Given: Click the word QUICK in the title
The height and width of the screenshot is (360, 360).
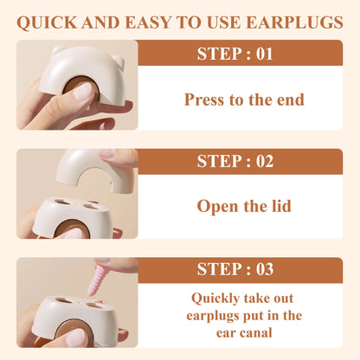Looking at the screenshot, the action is coord(47,22).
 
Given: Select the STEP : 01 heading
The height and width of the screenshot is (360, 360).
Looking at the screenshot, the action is coord(235,54).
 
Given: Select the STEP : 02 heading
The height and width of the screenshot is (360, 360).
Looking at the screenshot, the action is coord(235,161).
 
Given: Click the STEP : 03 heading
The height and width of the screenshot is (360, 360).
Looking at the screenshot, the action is coord(235,269).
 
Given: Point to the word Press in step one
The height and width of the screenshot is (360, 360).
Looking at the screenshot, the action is coord(205,100).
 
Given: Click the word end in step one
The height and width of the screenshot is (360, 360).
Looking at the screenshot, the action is coord(291,100).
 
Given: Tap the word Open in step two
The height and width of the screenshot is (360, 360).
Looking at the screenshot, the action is coord(218,207).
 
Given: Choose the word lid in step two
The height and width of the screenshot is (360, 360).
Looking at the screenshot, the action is coord(281,206).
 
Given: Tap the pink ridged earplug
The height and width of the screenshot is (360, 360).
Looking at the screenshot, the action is coord(97,280).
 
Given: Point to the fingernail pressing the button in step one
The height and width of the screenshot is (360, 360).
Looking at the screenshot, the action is coord(83,92).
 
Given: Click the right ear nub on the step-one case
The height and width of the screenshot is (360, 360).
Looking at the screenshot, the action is coord(119,61).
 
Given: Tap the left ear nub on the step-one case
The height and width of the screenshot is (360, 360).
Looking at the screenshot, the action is coord(57,50).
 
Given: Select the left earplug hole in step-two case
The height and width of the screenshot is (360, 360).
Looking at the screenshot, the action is coord(62,202).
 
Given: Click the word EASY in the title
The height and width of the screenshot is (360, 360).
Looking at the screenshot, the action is coord(148,22).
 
